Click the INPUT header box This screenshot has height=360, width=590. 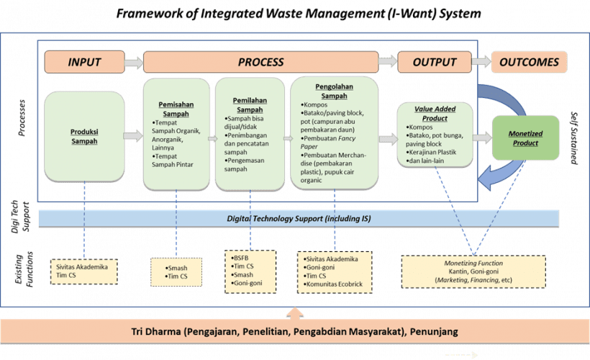(84, 62)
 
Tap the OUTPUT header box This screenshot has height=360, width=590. (435, 62)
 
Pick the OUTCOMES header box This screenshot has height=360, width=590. (529, 62)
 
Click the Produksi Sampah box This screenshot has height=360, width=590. (84, 137)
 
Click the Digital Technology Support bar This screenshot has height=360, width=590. (298, 217)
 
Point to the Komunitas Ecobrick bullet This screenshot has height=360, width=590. (335, 283)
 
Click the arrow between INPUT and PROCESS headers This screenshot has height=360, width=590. (133, 63)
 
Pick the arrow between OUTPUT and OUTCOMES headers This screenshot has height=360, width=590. (481, 63)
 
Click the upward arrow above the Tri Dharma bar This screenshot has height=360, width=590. (294, 313)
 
